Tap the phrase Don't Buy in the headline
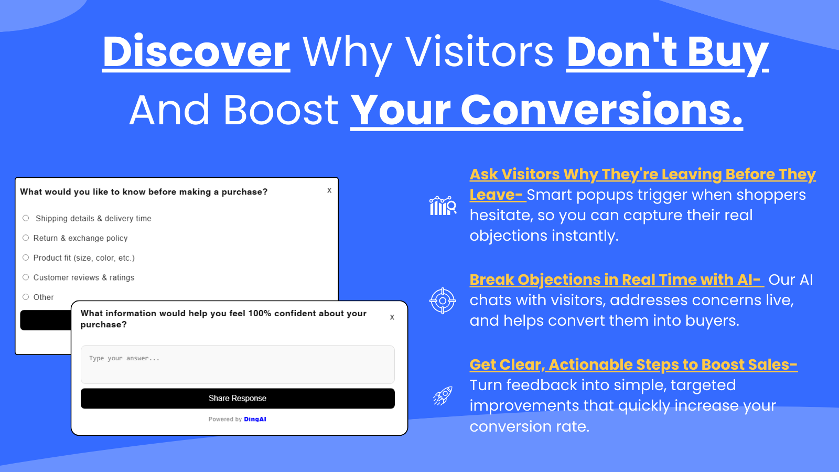(x=668, y=53)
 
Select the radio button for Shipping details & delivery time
(x=26, y=218)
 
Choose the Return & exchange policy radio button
(x=26, y=238)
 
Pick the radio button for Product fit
(x=26, y=258)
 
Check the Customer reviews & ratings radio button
(x=26, y=277)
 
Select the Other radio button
(x=26, y=297)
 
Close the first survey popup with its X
(x=329, y=190)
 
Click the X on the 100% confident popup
(x=392, y=317)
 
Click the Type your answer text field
(x=238, y=364)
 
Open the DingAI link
(x=255, y=419)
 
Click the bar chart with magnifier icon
(x=443, y=205)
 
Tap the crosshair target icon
(x=443, y=301)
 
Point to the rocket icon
(x=443, y=396)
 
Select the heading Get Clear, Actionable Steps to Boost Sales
(x=633, y=365)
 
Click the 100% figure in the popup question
(x=260, y=314)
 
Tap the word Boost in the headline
(x=281, y=110)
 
